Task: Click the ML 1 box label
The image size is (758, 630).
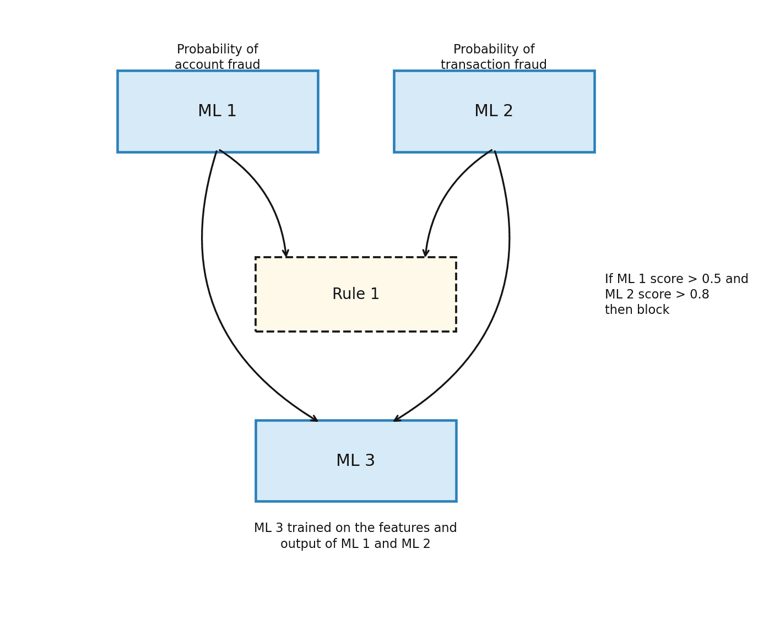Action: (x=217, y=111)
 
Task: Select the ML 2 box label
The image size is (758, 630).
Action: (x=494, y=111)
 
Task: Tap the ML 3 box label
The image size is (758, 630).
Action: (x=355, y=461)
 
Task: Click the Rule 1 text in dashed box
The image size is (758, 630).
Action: (x=355, y=295)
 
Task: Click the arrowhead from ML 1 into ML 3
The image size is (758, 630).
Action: (x=315, y=419)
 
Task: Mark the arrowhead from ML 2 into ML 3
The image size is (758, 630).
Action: (x=397, y=419)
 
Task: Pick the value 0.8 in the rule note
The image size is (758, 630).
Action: (x=700, y=295)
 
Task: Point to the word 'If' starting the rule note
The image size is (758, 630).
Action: (x=609, y=279)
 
